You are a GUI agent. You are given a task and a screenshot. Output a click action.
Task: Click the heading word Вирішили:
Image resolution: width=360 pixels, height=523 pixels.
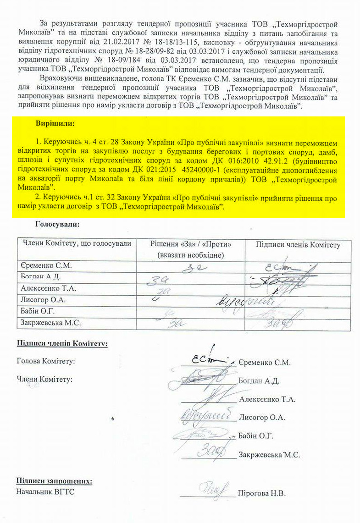click(55, 124)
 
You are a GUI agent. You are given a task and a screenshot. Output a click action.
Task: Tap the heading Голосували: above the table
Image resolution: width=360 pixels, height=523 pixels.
click(57, 225)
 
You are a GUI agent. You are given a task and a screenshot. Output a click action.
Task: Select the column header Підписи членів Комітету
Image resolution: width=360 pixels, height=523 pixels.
click(298, 245)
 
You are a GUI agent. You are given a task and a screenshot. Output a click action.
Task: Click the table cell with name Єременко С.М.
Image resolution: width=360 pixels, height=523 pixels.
click(46, 266)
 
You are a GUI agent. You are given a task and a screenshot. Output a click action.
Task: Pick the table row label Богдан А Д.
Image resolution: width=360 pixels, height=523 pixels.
click(41, 277)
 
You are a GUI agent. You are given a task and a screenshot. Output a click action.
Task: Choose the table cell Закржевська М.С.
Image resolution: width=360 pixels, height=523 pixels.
click(51, 323)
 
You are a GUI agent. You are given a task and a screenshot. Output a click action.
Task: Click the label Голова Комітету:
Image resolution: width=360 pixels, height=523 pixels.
click(45, 362)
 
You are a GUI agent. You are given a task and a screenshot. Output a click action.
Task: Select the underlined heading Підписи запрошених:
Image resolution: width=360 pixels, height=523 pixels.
click(54, 481)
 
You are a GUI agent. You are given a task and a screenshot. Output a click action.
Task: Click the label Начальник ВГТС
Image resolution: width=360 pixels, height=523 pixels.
click(45, 492)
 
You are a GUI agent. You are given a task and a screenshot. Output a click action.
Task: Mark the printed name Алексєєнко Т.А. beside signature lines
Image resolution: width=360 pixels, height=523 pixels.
click(267, 399)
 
